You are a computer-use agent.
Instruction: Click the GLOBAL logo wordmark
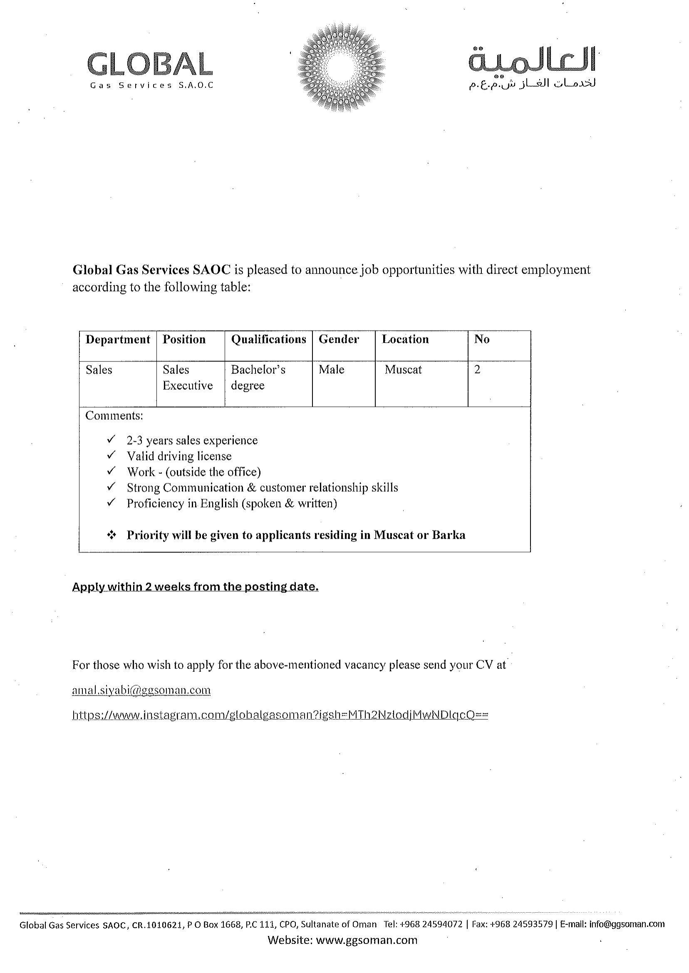tap(150, 64)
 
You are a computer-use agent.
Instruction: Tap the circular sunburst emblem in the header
tap(341, 67)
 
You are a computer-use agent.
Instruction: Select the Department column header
tap(117, 340)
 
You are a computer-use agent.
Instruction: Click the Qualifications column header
tap(268, 340)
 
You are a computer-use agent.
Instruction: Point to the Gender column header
tap(339, 340)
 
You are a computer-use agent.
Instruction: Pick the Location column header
tap(405, 340)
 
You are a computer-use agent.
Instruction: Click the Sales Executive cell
tap(188, 377)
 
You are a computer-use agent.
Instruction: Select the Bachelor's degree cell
tap(258, 377)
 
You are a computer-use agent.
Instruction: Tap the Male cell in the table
tap(331, 370)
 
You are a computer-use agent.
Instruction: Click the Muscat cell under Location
tap(403, 370)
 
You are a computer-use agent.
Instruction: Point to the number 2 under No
tap(477, 370)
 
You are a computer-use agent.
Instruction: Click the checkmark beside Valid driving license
tap(111, 456)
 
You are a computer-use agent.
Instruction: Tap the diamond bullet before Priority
tap(111, 535)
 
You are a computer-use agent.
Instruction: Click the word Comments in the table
tap(114, 416)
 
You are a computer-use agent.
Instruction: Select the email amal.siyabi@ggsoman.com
tap(141, 691)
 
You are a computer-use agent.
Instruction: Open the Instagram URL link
tap(280, 716)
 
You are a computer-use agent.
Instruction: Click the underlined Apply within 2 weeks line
tap(195, 587)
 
